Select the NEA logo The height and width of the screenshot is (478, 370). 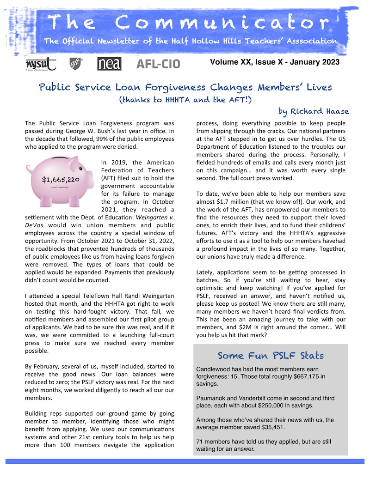click(x=109, y=64)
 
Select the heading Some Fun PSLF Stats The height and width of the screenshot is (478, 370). click(x=271, y=356)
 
